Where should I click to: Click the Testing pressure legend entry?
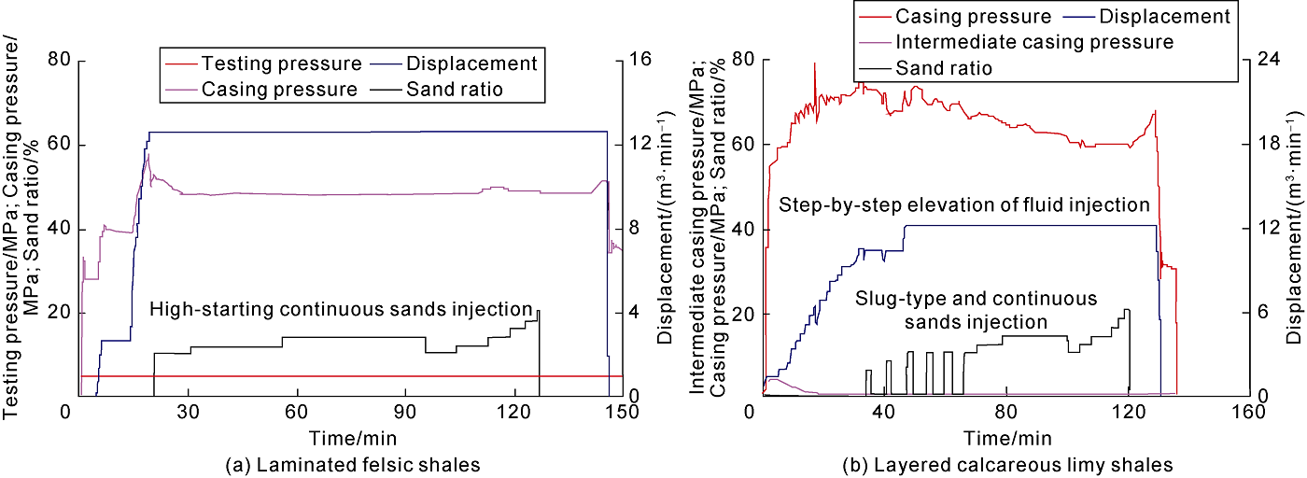pos(280,64)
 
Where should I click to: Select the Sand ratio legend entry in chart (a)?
pos(454,90)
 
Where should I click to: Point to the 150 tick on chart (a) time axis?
pos(623,412)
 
